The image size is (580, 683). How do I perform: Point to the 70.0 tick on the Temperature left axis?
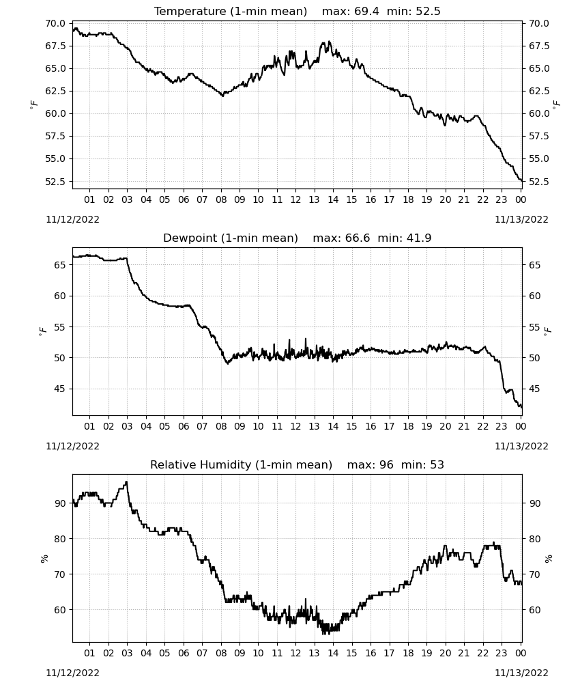click(x=55, y=23)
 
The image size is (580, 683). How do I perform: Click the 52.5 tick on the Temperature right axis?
click(x=538, y=181)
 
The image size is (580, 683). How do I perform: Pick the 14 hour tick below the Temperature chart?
click(x=333, y=199)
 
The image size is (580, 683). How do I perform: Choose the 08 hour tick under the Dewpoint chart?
click(x=221, y=426)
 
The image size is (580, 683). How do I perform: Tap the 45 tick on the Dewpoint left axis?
click(x=59, y=389)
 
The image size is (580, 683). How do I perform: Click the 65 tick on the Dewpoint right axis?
click(x=534, y=265)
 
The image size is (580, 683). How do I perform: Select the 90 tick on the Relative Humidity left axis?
click(x=59, y=503)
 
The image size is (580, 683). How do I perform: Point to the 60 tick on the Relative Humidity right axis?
click(x=534, y=610)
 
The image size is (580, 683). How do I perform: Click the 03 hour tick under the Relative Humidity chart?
click(x=127, y=653)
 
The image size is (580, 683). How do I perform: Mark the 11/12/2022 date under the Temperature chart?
click(x=72, y=219)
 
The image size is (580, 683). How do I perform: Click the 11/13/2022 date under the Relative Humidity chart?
click(x=521, y=673)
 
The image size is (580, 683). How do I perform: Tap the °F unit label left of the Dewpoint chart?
click(x=42, y=332)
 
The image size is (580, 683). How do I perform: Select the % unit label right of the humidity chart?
click(x=548, y=559)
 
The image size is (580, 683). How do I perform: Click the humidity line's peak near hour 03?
click(x=126, y=482)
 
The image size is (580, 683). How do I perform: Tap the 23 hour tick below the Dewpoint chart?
click(x=502, y=426)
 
